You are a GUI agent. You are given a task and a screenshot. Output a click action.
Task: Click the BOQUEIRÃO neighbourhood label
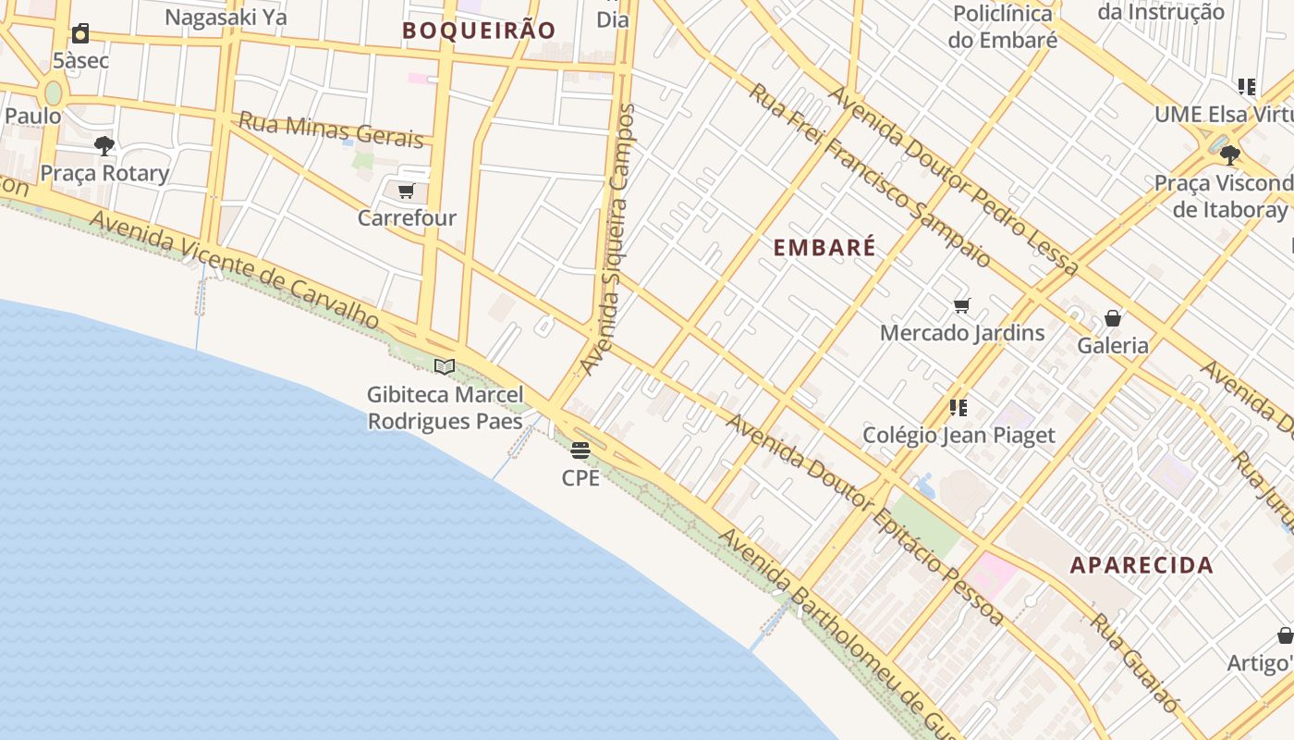(x=479, y=31)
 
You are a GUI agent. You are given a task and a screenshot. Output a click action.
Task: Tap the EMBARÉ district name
(x=824, y=248)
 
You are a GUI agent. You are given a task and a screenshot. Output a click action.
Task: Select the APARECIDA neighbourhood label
(x=1141, y=565)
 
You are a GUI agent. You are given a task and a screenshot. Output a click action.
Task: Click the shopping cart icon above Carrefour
(x=405, y=191)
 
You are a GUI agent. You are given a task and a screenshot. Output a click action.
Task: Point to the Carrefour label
(x=407, y=218)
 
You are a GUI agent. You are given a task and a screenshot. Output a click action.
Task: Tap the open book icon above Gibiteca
(x=445, y=367)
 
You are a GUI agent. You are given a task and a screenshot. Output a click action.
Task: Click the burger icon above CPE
(x=580, y=450)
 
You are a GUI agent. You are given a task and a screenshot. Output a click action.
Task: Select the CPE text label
(x=580, y=478)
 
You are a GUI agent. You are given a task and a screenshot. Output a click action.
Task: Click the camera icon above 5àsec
(x=80, y=34)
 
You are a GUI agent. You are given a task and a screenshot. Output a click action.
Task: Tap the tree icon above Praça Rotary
(x=104, y=145)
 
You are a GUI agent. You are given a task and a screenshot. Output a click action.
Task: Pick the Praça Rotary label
(x=104, y=173)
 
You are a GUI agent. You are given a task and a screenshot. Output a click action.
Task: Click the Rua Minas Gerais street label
(x=331, y=129)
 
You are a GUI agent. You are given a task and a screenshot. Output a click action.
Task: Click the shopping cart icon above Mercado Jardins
(x=961, y=305)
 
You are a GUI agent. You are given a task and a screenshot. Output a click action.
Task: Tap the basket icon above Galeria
(x=1113, y=319)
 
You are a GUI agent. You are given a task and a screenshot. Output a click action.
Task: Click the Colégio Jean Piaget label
(x=958, y=435)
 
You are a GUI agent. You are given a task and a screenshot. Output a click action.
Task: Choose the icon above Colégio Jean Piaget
(x=958, y=407)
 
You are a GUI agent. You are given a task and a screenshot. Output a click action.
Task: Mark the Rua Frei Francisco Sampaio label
(x=869, y=176)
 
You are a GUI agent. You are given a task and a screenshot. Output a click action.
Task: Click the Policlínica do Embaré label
(x=1003, y=27)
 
